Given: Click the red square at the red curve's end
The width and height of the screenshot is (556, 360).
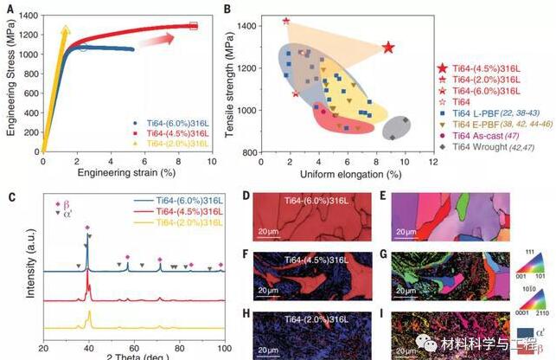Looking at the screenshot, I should pyautogui.click(x=193, y=26).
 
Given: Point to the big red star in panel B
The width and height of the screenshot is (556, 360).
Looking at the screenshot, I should pyautogui.click(x=388, y=48).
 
